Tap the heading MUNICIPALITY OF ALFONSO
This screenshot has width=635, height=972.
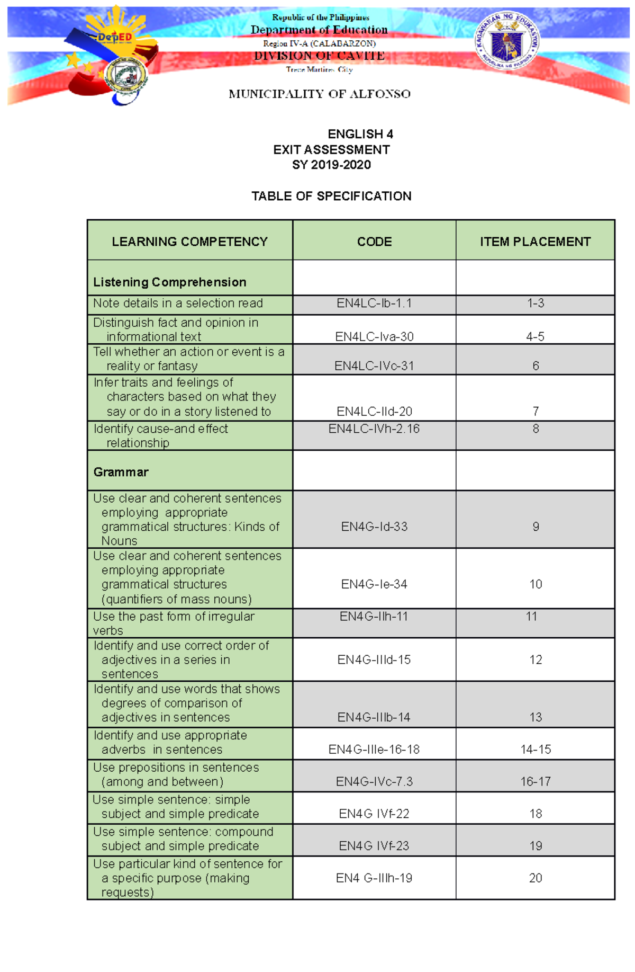coord(320,94)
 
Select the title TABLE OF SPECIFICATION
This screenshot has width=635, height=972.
coord(331,197)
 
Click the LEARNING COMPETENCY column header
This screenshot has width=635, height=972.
coord(189,242)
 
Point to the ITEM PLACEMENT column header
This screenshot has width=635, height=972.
coord(535,242)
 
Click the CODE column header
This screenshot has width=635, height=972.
coord(374,242)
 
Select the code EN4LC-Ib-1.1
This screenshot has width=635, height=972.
coord(374,304)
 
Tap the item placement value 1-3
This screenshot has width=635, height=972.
coord(536,304)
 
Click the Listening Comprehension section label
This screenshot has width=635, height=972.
coord(169,282)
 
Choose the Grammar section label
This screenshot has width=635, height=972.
coord(121,472)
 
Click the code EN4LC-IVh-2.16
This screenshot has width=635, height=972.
coord(374,429)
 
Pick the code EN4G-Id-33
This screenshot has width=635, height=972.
coord(374,527)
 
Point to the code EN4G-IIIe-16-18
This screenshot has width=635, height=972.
coord(374,750)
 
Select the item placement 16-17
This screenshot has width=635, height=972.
coord(536,782)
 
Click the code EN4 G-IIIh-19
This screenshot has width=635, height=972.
coord(374,878)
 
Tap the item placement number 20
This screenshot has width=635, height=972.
coord(536,878)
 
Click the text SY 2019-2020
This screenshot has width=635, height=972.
coord(331,165)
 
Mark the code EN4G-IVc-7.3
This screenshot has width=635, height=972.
coord(374,782)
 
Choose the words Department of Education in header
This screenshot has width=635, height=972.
coord(319,30)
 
